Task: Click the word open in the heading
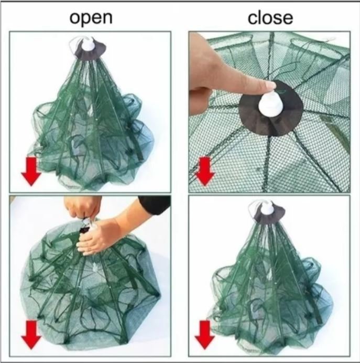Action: (91, 18)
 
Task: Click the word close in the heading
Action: (270, 18)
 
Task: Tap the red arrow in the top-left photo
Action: (31, 172)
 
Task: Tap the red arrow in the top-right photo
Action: (205, 172)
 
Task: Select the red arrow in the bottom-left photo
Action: (31, 335)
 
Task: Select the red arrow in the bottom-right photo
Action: (204, 335)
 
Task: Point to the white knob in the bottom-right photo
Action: (268, 208)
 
